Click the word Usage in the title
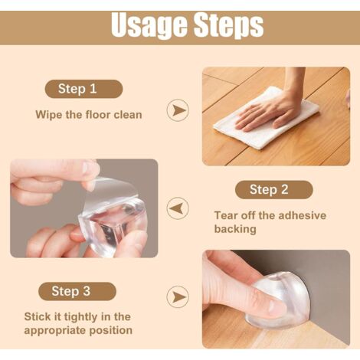coord(149,25)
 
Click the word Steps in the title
coord(228,25)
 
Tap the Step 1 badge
coord(83,89)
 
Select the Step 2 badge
coord(274,190)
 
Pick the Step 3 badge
coord(77,291)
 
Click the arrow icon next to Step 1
coord(178,110)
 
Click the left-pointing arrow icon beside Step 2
coord(178,208)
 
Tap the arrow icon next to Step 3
coord(178,296)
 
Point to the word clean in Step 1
coord(128,115)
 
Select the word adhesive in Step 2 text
coord(303,215)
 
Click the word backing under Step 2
coord(235,229)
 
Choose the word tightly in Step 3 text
coord(80,317)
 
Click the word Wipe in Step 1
coord(49,115)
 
